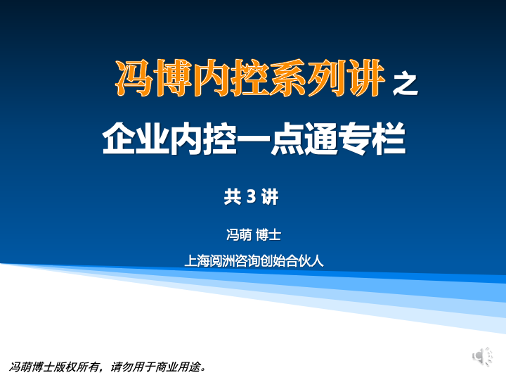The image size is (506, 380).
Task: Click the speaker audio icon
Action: tap(482, 356)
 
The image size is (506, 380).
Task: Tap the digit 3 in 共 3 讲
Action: tap(251, 196)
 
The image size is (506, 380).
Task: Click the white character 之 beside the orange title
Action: tap(405, 84)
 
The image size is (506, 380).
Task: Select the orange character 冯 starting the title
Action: tap(134, 78)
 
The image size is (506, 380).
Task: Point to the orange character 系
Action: tap(287, 78)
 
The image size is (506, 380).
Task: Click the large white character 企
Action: tap(119, 139)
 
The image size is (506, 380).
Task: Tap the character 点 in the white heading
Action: tap(287, 139)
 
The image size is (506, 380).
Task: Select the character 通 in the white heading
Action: tap(321, 139)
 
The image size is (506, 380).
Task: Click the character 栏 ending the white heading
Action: tap(389, 139)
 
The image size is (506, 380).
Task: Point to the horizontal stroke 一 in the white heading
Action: tap(254, 139)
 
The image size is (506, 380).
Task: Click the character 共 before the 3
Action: tap(233, 196)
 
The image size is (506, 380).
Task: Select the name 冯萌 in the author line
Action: tap(239, 234)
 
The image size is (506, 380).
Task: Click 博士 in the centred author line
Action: tap(268, 234)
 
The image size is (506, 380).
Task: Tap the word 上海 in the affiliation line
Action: tap(197, 261)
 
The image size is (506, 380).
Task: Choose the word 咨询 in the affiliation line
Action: tap(247, 261)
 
